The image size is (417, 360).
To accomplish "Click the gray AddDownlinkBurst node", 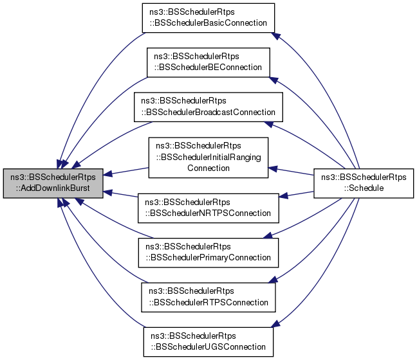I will tap(53, 182).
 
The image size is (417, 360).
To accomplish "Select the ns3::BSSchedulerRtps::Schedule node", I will tap(362, 182).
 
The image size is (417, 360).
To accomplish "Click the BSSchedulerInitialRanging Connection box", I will tap(208, 157).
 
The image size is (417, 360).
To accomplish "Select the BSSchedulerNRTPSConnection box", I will tap(208, 207).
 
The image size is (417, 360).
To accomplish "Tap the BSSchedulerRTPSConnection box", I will tap(208, 296).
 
